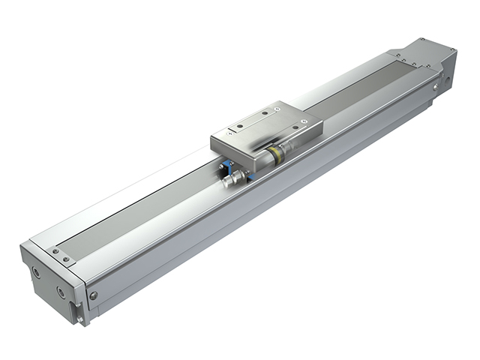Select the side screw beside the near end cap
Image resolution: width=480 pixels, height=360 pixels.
[x=93, y=295]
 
